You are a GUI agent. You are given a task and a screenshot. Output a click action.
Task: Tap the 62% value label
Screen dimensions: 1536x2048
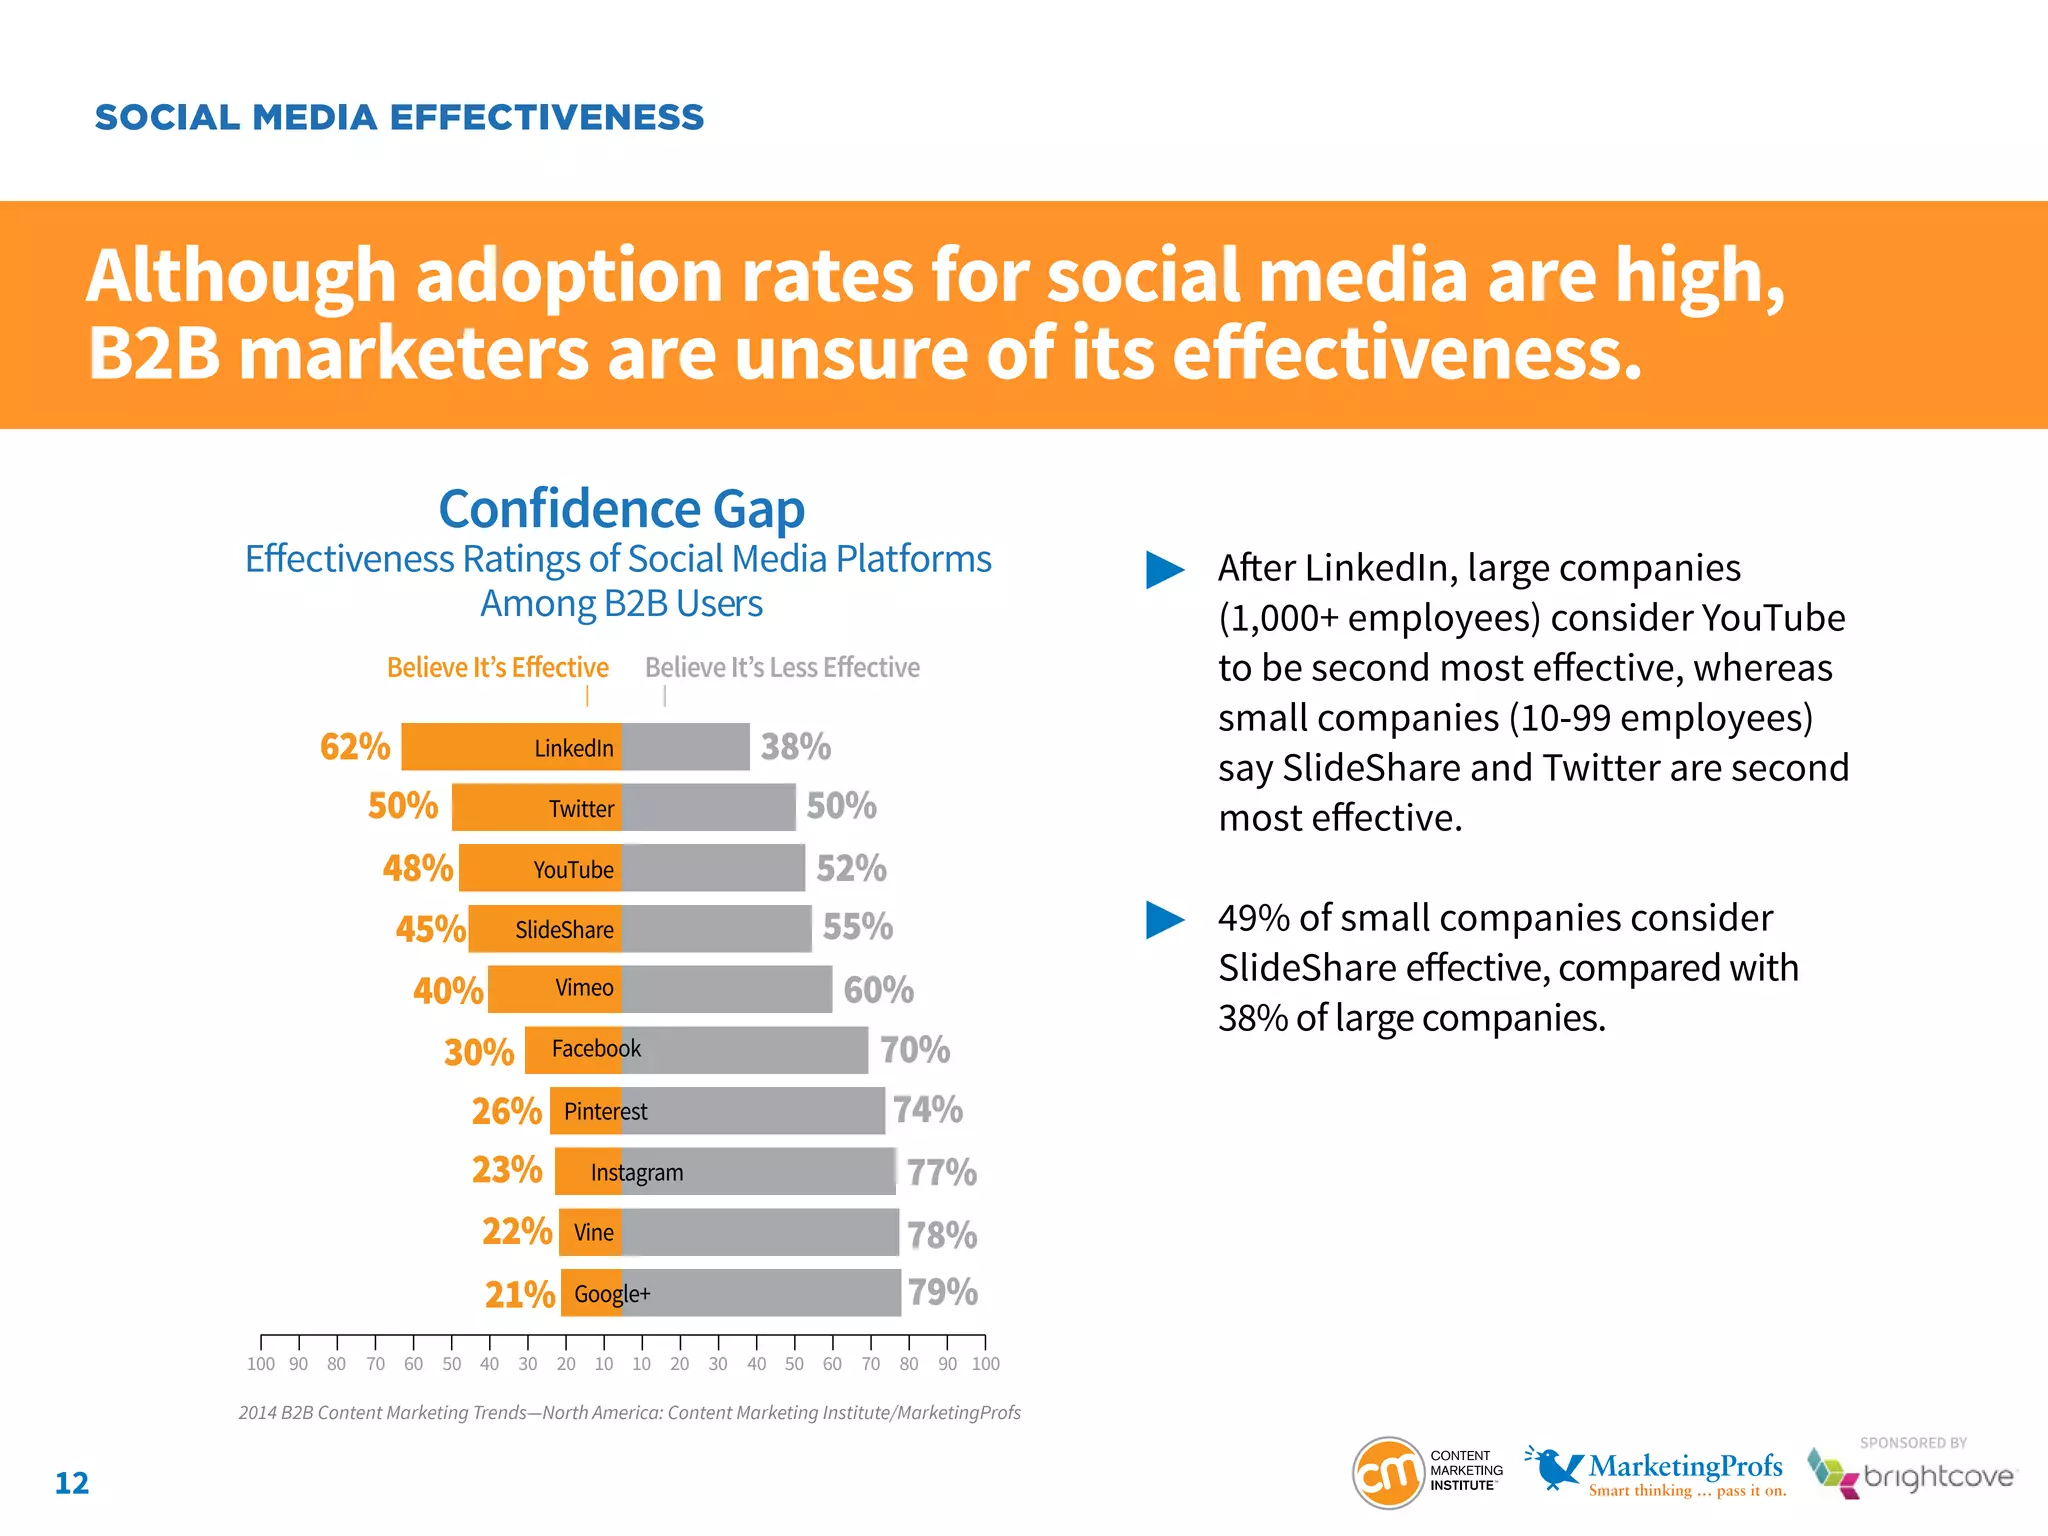355,747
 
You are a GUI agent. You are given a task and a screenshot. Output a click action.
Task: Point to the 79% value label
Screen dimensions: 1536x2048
942,1292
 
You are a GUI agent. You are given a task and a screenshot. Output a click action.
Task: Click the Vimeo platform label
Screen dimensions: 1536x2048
584,988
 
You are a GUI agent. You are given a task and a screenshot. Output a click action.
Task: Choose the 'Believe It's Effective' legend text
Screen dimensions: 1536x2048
497,667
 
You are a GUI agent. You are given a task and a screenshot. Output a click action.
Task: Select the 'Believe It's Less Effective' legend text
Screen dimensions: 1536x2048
782,667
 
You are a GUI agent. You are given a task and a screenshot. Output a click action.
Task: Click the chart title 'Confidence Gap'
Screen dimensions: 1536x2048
621,509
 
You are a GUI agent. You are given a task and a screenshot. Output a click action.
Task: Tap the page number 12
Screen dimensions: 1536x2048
72,1483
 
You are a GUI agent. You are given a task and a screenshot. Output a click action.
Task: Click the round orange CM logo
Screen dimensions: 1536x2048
1387,1473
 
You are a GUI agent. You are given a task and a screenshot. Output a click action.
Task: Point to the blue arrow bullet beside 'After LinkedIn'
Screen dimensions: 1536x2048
1164,570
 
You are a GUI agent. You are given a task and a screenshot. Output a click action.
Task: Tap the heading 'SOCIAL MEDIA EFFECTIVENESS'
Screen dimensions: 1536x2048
399,117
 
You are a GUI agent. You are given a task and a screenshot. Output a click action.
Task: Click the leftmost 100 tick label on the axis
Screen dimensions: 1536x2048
260,1364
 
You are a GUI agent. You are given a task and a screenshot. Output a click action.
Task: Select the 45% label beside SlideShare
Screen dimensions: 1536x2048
430,929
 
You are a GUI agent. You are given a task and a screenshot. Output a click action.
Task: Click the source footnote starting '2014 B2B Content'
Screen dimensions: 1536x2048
629,1412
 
